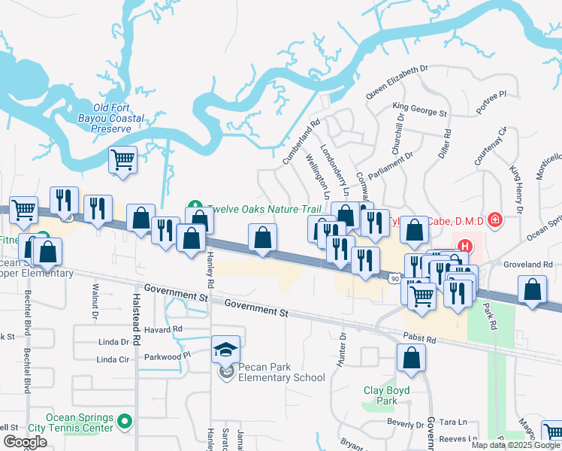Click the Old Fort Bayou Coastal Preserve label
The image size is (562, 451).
tap(111, 118)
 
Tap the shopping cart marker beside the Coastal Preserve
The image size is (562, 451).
tap(122, 159)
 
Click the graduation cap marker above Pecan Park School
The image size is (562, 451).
tap(225, 350)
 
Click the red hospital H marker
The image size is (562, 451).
tap(464, 245)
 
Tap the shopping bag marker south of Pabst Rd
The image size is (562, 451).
tap(412, 359)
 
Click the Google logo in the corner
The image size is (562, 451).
tap(25, 442)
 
